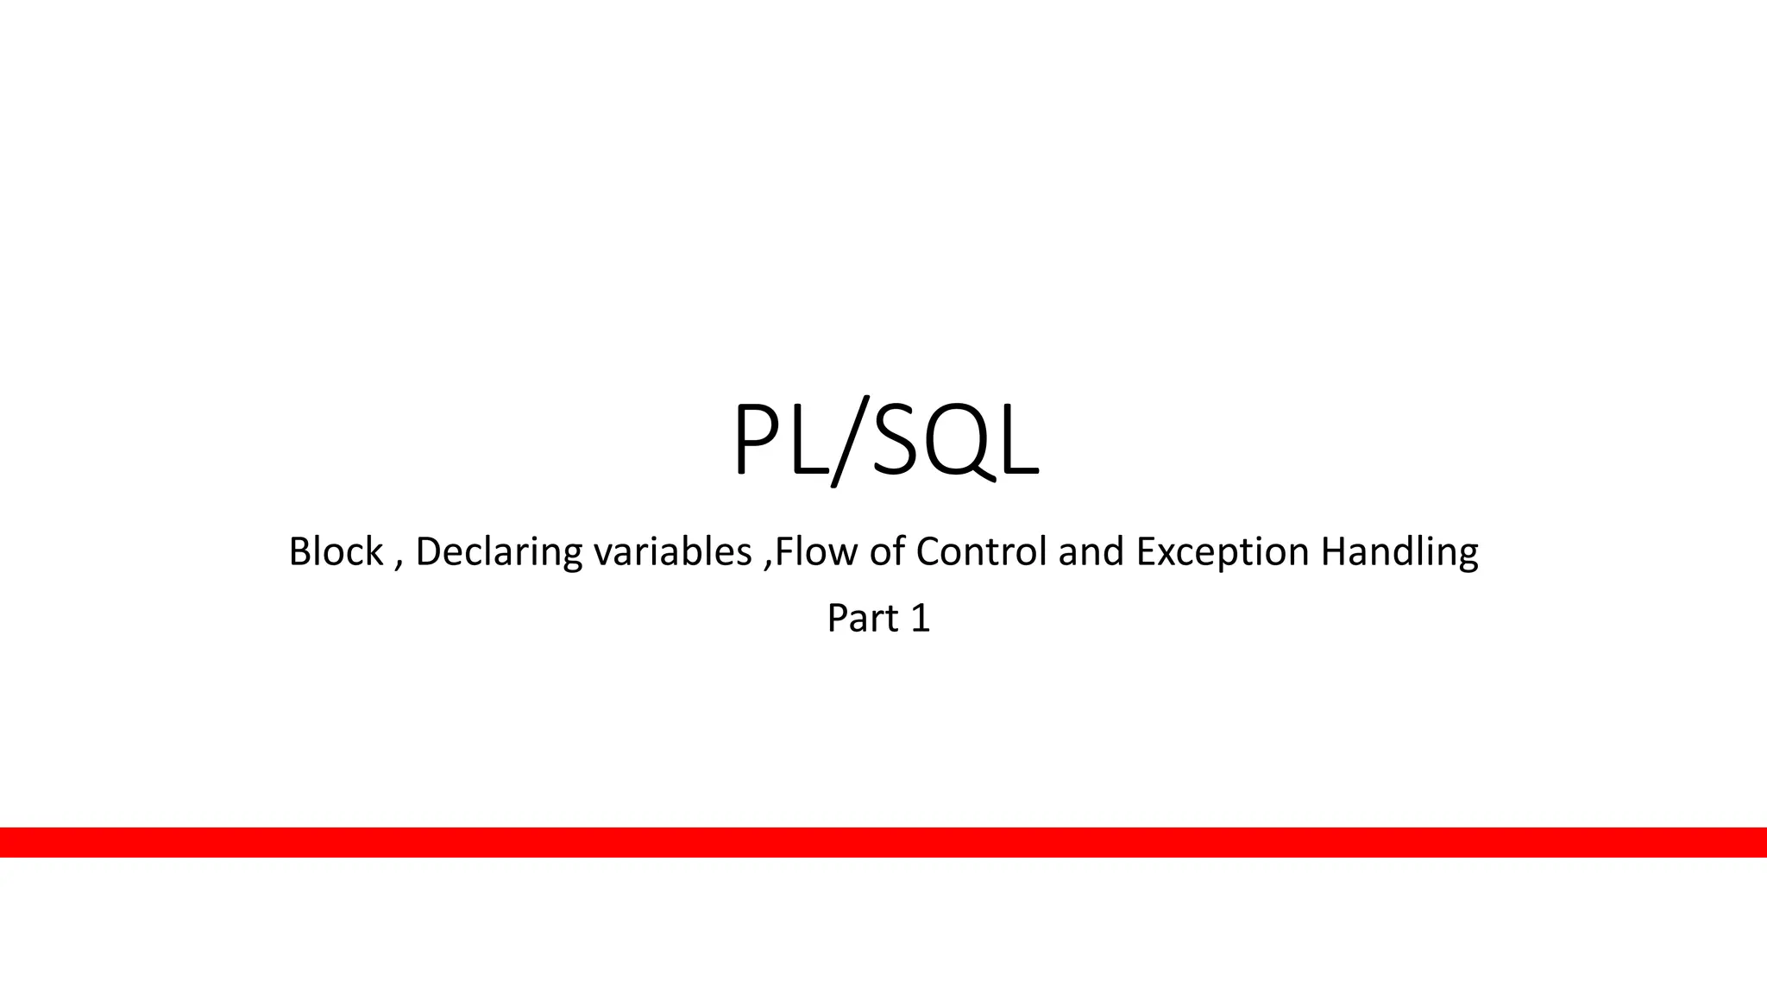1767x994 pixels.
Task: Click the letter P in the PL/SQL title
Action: (758, 440)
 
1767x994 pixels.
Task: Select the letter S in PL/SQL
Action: (899, 440)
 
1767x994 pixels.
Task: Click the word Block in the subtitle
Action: (336, 551)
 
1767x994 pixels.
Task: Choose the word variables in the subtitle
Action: (672, 551)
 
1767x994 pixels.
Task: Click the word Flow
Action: (815, 551)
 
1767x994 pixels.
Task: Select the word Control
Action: (982, 551)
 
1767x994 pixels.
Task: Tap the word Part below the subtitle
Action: (862, 619)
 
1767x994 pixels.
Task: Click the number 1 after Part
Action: (920, 619)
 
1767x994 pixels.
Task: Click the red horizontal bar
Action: (883, 842)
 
